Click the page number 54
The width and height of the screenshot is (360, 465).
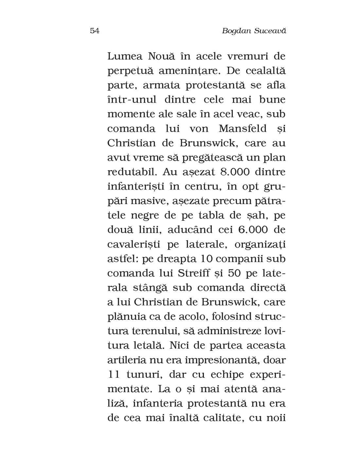pyautogui.click(x=94, y=31)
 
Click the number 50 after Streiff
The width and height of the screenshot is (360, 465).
pyautogui.click(x=232, y=273)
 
